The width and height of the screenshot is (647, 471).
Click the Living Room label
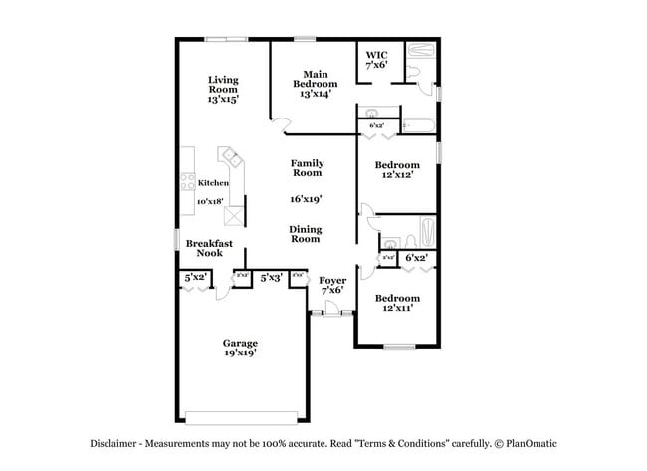(223, 90)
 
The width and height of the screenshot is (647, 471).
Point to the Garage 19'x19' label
(240, 348)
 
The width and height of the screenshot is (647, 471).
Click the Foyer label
(332, 285)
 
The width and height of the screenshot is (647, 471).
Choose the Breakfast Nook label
(209, 248)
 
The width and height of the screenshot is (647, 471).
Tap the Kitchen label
(213, 183)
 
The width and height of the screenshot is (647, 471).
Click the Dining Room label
(305, 234)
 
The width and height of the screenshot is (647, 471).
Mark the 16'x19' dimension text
(306, 199)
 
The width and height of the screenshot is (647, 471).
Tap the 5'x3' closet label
(271, 278)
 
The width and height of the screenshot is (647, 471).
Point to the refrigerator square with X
(233, 216)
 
